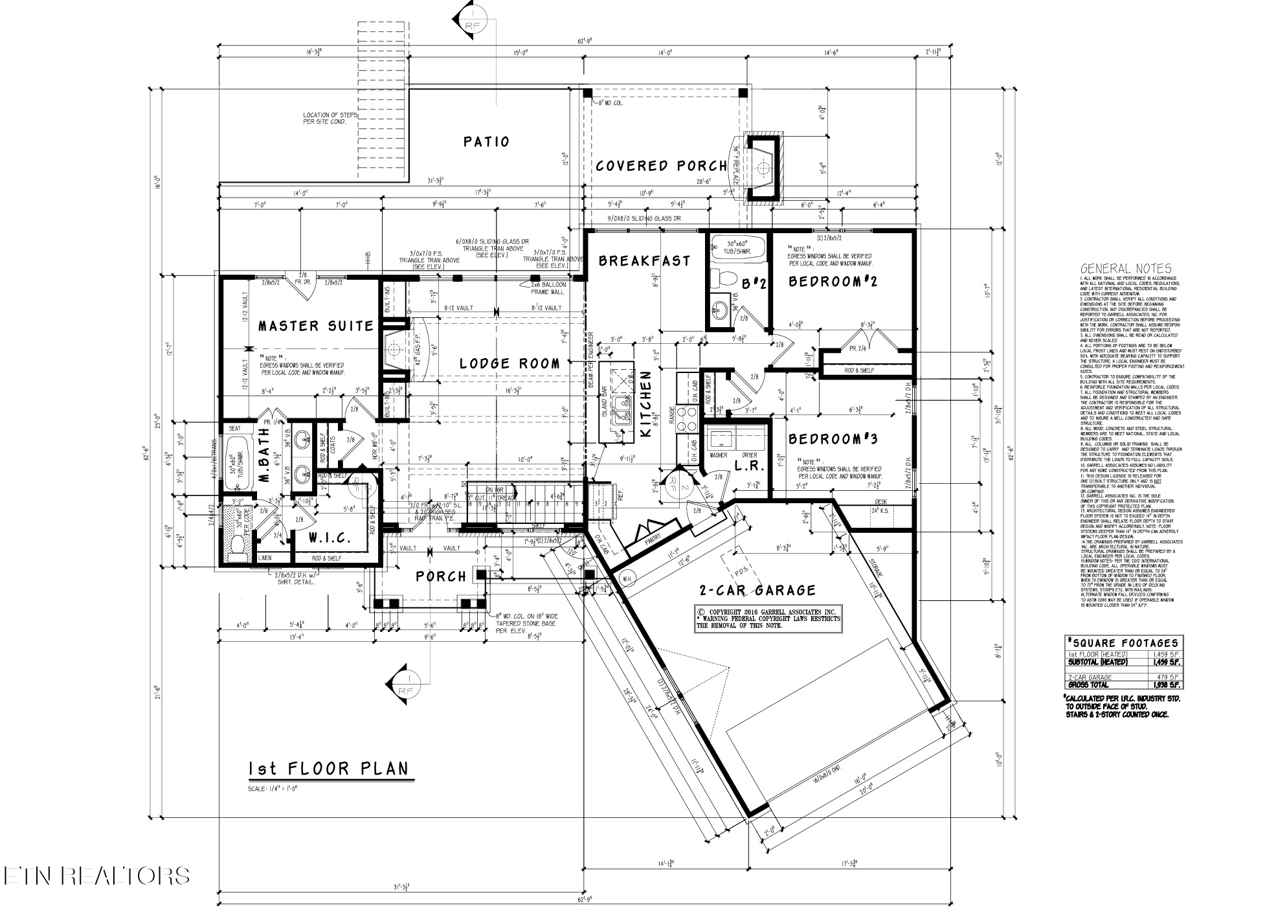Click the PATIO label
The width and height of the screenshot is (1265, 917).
point(486,142)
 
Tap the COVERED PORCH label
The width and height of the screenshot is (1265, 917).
point(661,166)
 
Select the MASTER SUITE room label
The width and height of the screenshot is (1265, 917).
point(316,326)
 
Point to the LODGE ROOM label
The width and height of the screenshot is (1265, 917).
point(509,364)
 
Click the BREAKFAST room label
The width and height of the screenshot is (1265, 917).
point(644,261)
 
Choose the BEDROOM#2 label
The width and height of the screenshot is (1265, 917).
point(833,281)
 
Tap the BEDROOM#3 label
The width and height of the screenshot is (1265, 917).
point(833,439)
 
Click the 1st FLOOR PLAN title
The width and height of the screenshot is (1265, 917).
point(329,769)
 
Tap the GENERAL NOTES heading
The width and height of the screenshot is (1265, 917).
point(1125,269)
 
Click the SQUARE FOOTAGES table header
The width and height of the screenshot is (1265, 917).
point(1124,643)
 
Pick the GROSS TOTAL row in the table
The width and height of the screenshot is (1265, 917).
point(1124,685)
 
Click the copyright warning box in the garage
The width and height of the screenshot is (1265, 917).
point(767,618)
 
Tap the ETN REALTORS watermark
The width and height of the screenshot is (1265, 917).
point(96,876)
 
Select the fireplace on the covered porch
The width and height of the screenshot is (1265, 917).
point(764,166)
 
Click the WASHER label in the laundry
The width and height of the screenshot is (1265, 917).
point(718,455)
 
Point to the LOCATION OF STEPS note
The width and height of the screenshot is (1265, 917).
point(330,118)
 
